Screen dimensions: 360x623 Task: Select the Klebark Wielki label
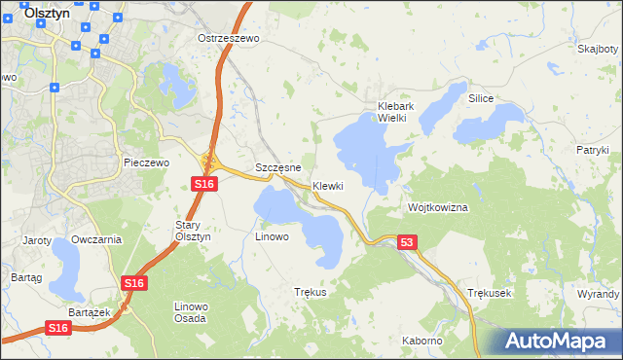point(397,112)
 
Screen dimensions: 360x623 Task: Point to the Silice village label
point(481,99)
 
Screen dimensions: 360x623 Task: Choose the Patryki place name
point(592,150)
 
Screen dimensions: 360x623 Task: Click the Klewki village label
point(328,186)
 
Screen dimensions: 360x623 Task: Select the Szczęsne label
point(276,167)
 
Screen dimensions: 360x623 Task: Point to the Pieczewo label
point(147,162)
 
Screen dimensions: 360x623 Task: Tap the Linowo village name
point(272,236)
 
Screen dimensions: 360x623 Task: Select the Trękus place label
point(310,292)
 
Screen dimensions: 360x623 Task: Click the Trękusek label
point(489,292)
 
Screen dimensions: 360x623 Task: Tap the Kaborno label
point(422,342)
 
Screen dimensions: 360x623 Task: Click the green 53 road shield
point(407,240)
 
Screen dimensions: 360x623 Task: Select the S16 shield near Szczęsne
point(202,183)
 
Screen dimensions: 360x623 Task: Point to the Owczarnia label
point(96,239)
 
